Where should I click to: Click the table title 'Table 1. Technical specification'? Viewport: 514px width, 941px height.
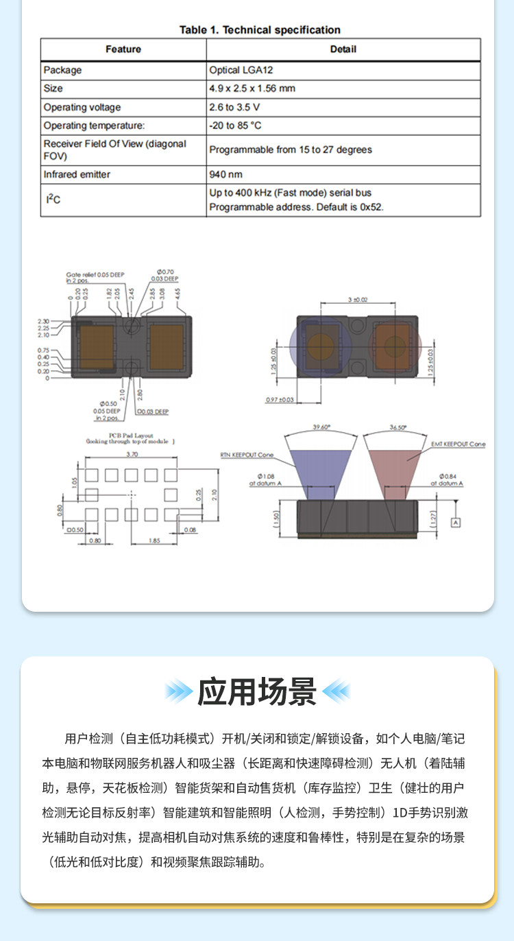(260, 29)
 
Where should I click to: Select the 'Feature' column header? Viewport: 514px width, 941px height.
(123, 49)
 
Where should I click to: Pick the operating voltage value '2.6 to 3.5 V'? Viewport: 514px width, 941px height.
(234, 107)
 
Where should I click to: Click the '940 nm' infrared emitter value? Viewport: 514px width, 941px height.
(225, 174)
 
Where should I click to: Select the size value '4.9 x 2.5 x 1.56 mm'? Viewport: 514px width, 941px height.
(252, 88)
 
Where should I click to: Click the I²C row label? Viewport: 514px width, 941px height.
(53, 199)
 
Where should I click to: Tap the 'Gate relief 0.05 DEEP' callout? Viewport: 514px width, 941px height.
(95, 274)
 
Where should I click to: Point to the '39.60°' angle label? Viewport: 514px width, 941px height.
(321, 427)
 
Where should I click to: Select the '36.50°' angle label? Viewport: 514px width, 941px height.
(397, 427)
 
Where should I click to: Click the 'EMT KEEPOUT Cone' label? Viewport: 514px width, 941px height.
(458, 444)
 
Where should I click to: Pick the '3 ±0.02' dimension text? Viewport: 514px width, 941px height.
(358, 300)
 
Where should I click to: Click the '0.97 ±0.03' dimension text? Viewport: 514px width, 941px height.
(279, 399)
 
